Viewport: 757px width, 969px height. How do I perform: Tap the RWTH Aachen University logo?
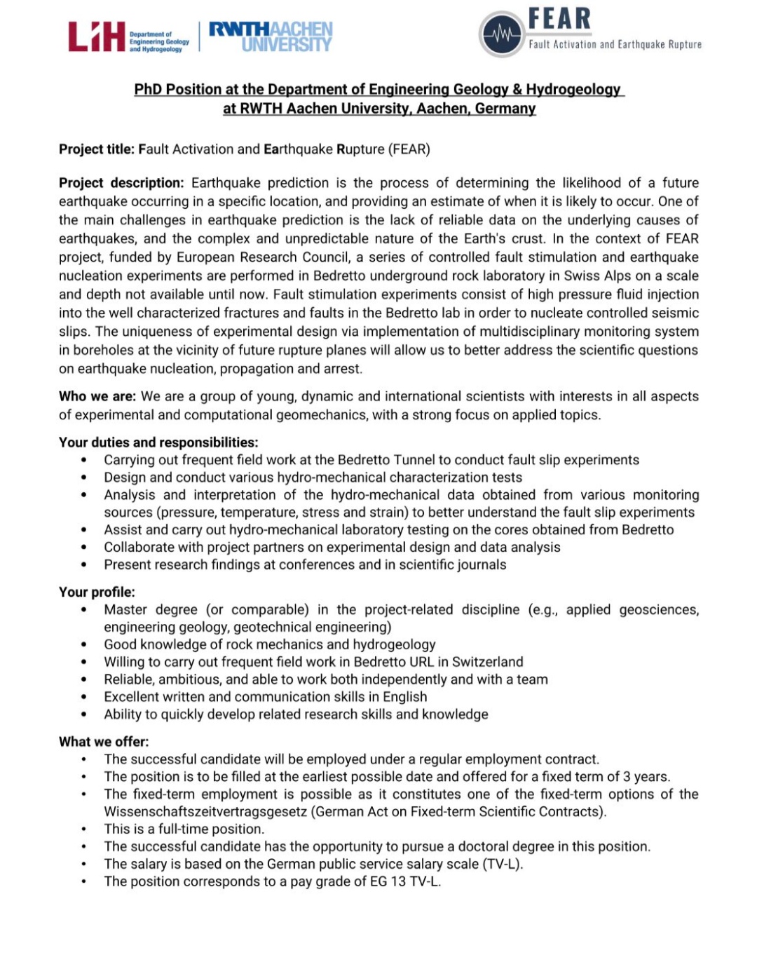[x=271, y=37]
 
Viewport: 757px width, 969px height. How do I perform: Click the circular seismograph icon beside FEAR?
[x=501, y=34]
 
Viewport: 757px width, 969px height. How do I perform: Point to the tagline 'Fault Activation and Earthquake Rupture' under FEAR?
[x=615, y=44]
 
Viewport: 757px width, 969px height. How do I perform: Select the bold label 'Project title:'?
[x=96, y=149]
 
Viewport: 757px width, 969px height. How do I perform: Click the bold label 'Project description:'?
[x=121, y=183]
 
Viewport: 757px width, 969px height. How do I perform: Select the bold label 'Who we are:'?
[x=97, y=396]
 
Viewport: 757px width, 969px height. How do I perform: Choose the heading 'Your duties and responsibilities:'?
[x=158, y=442]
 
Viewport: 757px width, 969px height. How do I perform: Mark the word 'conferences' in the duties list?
[x=320, y=565]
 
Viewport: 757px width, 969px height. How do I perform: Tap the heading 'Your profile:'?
[x=97, y=592]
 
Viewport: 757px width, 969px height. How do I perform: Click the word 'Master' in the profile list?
[x=130, y=610]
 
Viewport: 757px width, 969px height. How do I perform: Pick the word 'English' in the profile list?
[x=404, y=697]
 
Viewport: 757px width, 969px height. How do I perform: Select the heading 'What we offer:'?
[x=104, y=742]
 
